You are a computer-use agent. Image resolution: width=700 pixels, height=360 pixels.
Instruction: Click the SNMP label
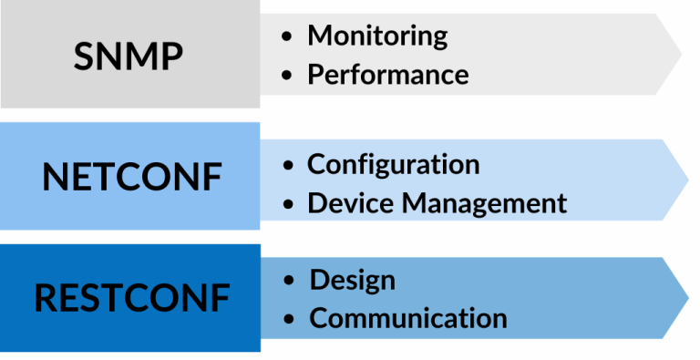click(x=129, y=57)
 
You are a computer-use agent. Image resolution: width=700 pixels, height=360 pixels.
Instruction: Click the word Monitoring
click(x=377, y=36)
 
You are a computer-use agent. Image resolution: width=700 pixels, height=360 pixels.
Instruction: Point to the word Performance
click(x=388, y=74)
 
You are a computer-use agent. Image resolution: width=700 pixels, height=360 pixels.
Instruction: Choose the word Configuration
click(x=394, y=164)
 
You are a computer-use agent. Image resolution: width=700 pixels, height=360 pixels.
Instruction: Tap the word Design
click(x=353, y=280)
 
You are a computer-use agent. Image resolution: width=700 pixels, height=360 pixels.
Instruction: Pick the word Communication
click(x=408, y=318)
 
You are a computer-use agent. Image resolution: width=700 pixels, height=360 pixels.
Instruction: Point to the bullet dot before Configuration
click(x=289, y=166)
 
